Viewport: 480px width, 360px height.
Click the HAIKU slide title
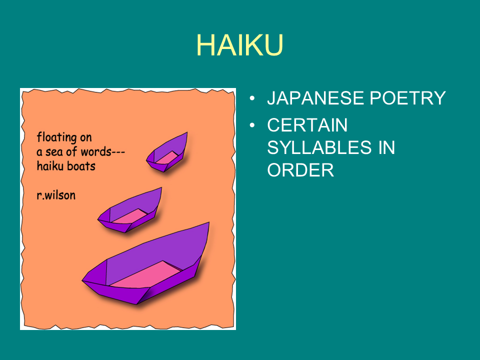tap(239, 45)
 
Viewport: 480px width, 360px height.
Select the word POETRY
tap(407, 98)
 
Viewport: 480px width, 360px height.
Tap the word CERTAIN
tap(307, 125)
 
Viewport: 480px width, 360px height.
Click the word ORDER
tap(300, 170)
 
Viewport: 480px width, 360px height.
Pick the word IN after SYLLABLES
tap(386, 147)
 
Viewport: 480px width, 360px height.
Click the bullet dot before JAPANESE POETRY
tap(252, 98)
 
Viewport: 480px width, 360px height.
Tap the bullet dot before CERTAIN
tap(252, 125)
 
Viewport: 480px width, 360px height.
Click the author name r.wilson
tap(56, 195)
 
